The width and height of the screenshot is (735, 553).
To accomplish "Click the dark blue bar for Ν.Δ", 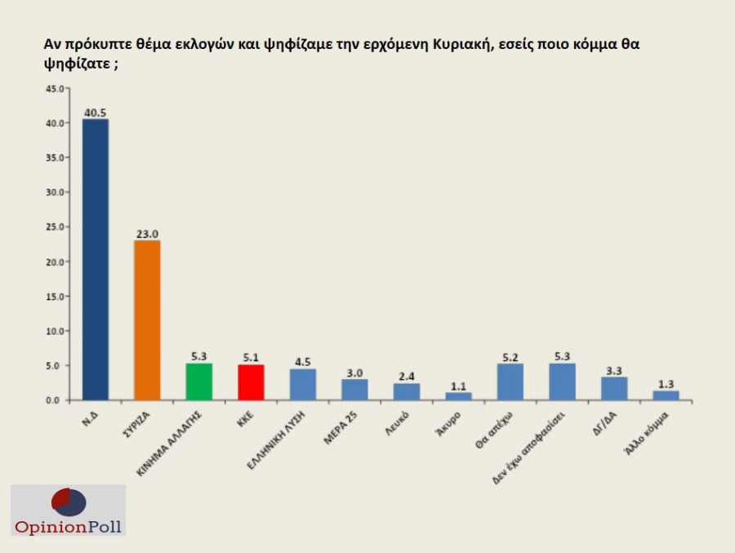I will [x=95, y=260].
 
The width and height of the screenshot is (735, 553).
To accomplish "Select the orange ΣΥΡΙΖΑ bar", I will [x=147, y=320].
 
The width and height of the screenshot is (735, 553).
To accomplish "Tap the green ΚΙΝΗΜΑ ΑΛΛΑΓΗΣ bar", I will [x=199, y=381].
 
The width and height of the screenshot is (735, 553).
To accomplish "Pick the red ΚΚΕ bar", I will [x=251, y=382].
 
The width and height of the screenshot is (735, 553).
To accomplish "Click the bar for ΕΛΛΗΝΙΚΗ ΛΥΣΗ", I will [x=303, y=384].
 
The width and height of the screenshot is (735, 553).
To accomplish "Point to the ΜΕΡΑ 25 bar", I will [x=354, y=390].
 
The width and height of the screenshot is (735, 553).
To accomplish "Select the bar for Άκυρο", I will [x=458, y=396].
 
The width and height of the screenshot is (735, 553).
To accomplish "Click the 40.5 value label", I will [x=95, y=113].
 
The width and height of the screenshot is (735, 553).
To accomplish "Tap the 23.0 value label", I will [x=147, y=234].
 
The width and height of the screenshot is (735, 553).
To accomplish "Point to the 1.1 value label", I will [x=458, y=386].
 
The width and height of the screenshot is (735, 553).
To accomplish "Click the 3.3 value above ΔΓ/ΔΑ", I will [x=614, y=370].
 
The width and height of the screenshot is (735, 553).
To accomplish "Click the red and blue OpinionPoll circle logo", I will [x=69, y=502].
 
